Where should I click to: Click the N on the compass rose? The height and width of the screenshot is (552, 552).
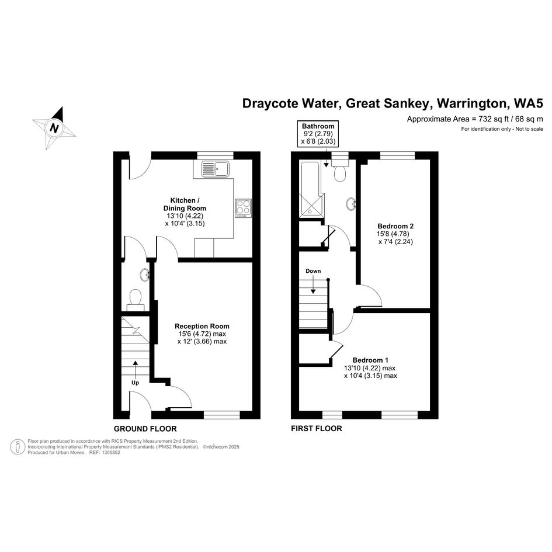pos(54,127)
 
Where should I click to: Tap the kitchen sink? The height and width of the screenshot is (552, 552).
pos(215,169)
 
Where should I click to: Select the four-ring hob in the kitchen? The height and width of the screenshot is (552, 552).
pos(243,208)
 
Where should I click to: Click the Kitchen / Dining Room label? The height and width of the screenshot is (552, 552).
pos(185,204)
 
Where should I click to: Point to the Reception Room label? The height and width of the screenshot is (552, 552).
pos(202,326)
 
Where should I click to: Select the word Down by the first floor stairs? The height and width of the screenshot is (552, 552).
pos(313,270)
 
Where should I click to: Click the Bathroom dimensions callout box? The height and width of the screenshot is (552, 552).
pos(318,134)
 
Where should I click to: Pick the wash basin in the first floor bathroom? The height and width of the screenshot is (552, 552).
pos(350,204)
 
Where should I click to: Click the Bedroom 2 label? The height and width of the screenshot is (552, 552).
pos(395,226)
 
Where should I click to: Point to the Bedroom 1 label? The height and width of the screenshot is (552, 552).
pos(370,360)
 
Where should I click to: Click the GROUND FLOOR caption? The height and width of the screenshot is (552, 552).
pos(145,428)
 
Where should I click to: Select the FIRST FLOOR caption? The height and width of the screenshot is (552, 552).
pos(317,428)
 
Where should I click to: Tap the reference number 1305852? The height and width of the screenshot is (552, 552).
pos(110,452)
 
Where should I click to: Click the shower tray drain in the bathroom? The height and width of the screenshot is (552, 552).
pos(310,212)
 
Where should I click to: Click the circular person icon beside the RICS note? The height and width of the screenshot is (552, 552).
pos(18,446)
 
